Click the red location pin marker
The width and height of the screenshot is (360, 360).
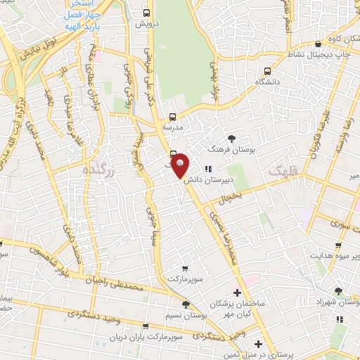[x=180, y=165]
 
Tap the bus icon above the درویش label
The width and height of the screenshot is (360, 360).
[x=146, y=13]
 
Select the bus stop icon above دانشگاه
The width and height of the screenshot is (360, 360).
[x=267, y=71]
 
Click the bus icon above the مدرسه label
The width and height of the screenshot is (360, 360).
[x=173, y=117]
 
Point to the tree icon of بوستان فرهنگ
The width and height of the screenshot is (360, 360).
[x=232, y=139]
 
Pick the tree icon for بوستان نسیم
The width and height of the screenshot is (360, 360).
[x=185, y=304]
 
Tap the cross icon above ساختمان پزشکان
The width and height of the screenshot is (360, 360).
[x=237, y=292]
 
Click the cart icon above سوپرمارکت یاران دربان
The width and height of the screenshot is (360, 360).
[x=146, y=326]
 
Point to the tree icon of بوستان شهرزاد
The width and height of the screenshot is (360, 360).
[x=338, y=290]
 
